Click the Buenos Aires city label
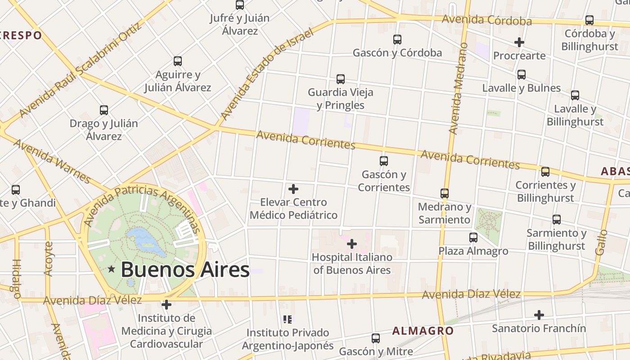click(185, 270)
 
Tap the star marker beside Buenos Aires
click(112, 269)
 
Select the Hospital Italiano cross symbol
click(352, 244)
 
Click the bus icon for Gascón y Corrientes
click(384, 161)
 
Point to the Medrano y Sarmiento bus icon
click(445, 193)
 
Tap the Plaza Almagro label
click(473, 251)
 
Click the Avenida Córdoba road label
click(486, 20)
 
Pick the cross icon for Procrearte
click(519, 42)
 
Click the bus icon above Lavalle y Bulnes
click(522, 75)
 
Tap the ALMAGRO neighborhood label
click(423, 331)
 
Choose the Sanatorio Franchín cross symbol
click(539, 315)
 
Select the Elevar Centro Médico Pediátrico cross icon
click(293, 189)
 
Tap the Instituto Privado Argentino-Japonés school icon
click(288, 319)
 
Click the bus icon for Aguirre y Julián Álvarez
click(178, 61)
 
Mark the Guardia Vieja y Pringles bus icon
click(341, 79)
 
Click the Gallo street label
click(602, 243)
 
